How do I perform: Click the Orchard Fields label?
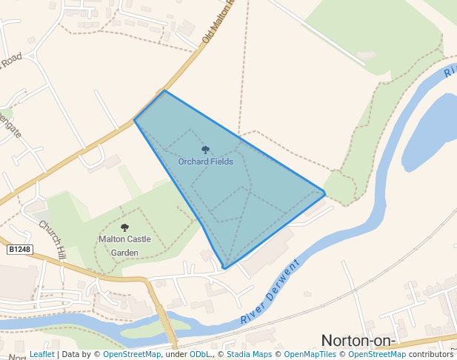coord(206,161)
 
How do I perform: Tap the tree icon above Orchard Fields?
coord(206,150)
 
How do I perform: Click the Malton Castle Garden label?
coord(124,245)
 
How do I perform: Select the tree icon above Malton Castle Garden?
coord(124,227)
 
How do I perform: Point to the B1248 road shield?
coord(20,250)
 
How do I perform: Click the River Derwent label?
coord(270,293)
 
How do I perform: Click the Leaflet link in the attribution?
coord(42,354)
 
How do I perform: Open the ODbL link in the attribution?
coord(200,354)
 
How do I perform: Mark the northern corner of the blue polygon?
coord(164,91)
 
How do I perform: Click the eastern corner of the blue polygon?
coord(325,193)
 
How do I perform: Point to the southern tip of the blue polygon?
coord(224,267)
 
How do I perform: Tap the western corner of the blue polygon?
coord(134,120)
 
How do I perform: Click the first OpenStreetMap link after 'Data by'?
coord(132,354)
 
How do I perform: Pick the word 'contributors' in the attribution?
coord(430,354)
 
